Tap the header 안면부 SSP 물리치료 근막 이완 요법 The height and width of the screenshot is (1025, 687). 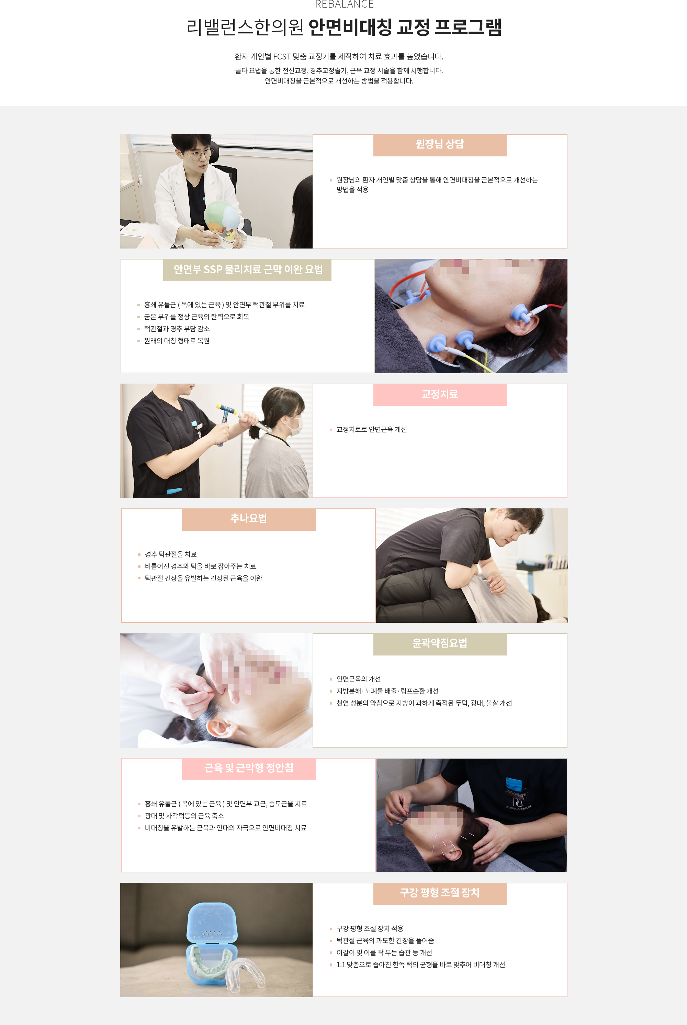248,269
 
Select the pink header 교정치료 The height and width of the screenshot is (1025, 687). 439,394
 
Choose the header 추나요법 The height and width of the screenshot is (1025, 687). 248,519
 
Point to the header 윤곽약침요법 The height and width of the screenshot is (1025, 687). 439,643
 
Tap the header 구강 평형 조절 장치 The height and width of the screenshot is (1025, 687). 439,893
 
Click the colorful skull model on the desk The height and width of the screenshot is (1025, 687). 224,218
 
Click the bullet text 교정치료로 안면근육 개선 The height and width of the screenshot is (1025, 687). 372,430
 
